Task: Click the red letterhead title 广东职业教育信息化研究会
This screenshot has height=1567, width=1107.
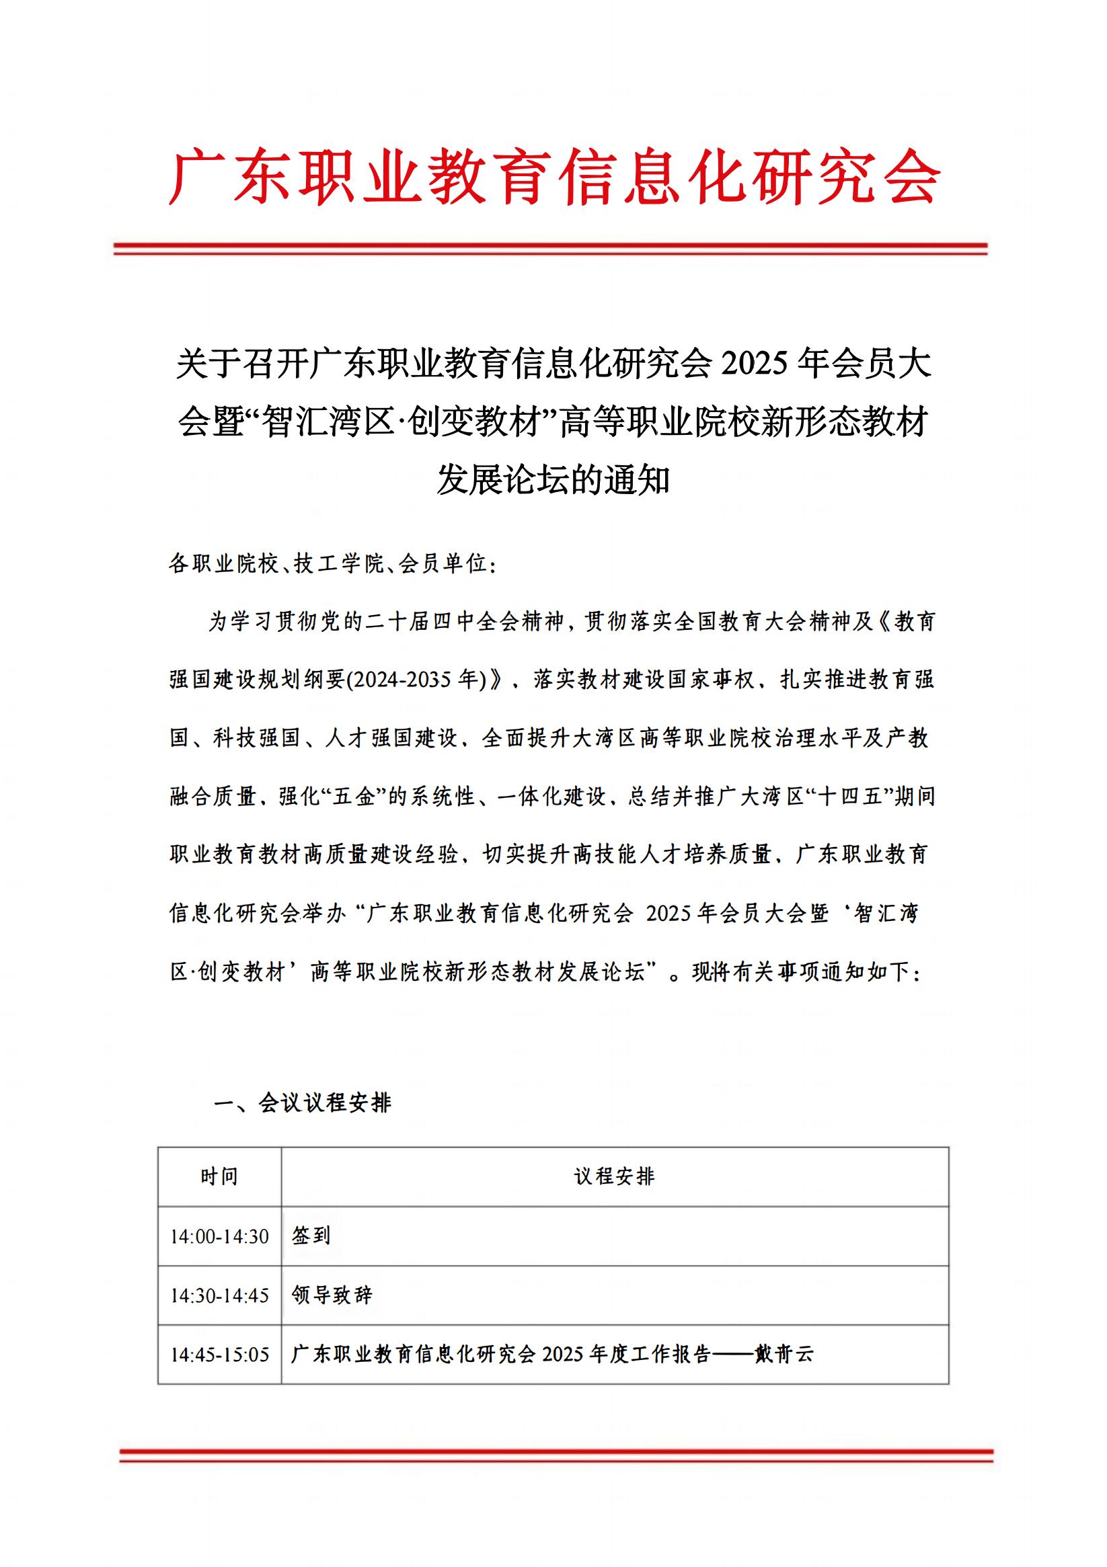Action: pyautogui.click(x=554, y=176)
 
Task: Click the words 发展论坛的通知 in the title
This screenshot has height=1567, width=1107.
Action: pyautogui.click(x=553, y=480)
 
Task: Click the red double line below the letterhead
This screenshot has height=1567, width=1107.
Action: pyautogui.click(x=550, y=249)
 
